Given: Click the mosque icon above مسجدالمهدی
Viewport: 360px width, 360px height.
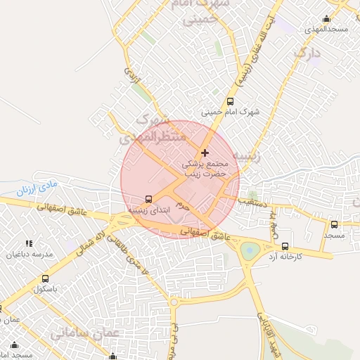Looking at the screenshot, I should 326,19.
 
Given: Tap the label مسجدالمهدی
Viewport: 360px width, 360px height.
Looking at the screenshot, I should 324,30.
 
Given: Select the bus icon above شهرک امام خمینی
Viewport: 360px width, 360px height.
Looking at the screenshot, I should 230,101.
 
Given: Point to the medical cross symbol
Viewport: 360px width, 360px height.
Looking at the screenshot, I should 205,153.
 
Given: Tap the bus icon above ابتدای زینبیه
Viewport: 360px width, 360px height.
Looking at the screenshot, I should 148,199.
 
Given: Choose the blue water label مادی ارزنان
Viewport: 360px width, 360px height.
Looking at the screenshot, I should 34,187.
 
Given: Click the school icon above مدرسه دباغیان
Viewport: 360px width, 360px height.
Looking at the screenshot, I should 29,243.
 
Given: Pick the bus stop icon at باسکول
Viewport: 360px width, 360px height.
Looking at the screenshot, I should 46,279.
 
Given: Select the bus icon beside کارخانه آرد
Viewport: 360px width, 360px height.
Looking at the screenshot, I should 285,246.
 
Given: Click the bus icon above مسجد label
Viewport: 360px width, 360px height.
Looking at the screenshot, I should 334,225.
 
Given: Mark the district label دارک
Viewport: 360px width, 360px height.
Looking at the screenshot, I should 307,53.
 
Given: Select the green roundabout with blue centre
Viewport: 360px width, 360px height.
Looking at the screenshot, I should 250,250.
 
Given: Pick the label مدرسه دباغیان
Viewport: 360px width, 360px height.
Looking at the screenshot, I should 24,255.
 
